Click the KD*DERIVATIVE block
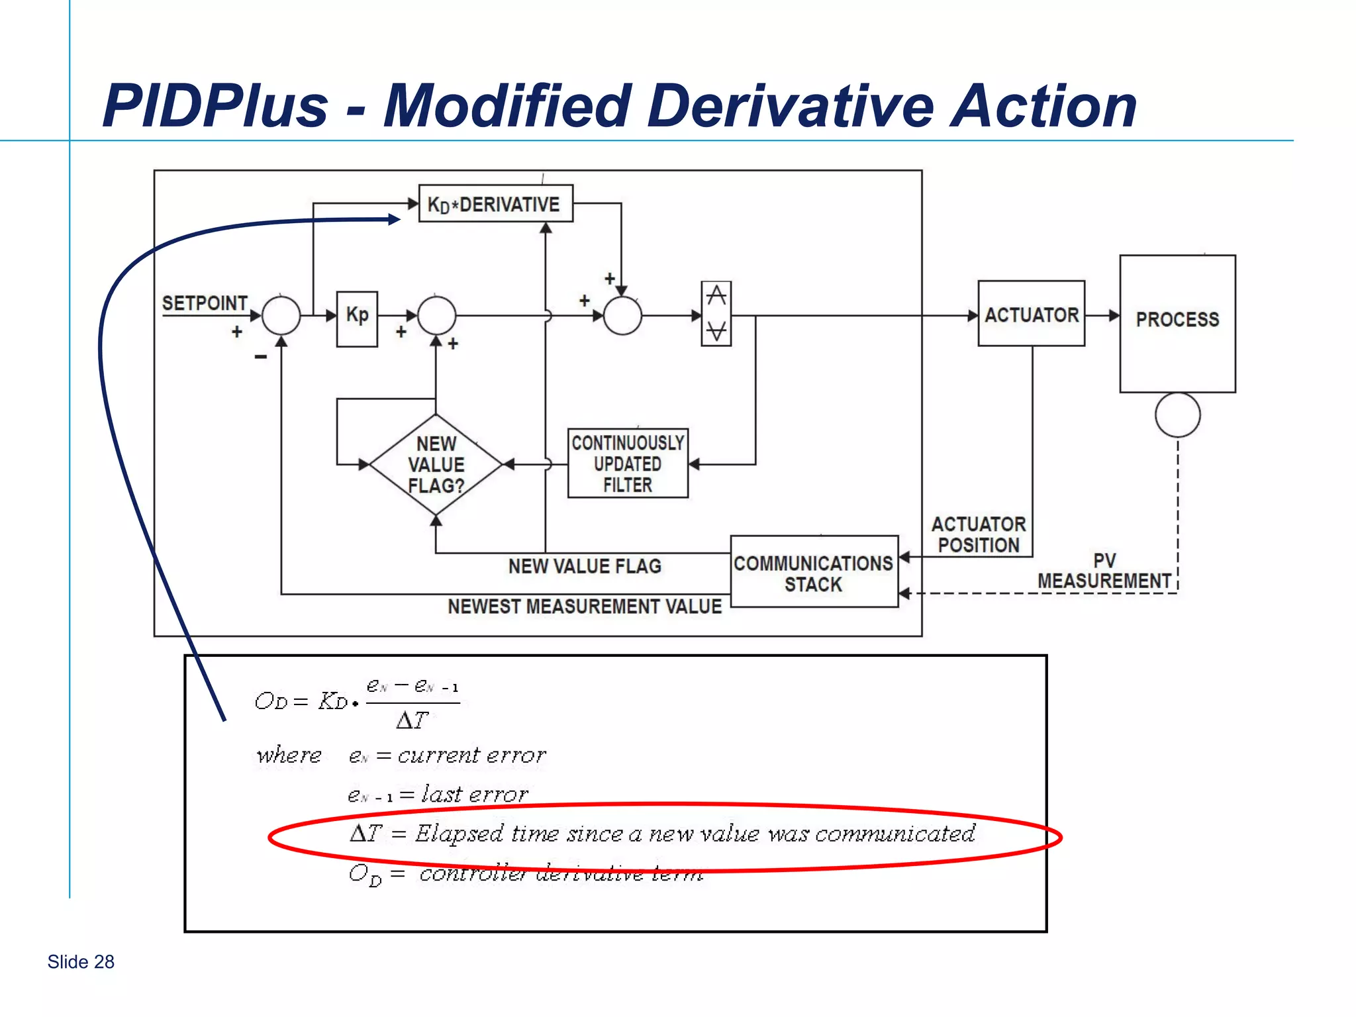tap(495, 203)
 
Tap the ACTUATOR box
tap(1031, 314)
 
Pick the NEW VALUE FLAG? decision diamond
tap(436, 465)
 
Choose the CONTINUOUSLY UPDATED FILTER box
tap(627, 463)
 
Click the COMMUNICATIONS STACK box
tap(814, 572)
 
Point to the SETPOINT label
tap(205, 303)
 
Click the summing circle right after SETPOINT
tap(281, 316)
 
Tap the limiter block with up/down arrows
tap(716, 314)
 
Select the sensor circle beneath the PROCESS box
tap(1177, 415)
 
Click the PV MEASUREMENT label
tap(1104, 571)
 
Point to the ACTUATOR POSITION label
tap(978, 535)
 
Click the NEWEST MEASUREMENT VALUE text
tap(584, 606)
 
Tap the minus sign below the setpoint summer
tap(260, 357)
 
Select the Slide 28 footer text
tap(81, 961)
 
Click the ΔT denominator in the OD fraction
tap(412, 720)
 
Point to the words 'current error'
tap(471, 755)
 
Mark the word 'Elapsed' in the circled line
tap(459, 834)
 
